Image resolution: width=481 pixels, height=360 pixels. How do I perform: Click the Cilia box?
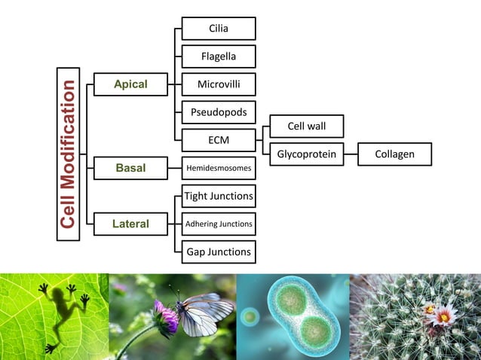point(219,29)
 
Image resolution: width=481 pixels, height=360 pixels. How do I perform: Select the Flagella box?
point(219,56)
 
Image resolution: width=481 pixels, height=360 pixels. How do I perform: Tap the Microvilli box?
point(219,84)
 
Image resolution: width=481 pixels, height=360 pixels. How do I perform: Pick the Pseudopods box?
point(219,112)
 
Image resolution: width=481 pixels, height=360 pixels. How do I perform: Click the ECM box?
point(219,140)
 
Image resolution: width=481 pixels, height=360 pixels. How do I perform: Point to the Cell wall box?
point(306,126)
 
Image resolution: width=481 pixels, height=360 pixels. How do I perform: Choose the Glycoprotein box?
point(306,154)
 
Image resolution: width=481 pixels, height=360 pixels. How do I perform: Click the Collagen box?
point(394,154)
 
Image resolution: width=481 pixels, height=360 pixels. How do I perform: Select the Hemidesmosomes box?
point(219,167)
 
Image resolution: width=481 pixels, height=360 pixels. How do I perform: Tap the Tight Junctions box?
point(219,196)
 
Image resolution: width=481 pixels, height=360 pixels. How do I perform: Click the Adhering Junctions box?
point(219,224)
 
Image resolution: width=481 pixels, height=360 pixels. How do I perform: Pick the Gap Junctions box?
point(219,252)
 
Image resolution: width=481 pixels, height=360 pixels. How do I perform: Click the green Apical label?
point(130,85)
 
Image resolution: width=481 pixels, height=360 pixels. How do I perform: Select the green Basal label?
point(130,167)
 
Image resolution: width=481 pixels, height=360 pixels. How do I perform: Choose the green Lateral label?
point(130,224)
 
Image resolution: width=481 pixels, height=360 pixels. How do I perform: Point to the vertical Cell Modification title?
point(69,154)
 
